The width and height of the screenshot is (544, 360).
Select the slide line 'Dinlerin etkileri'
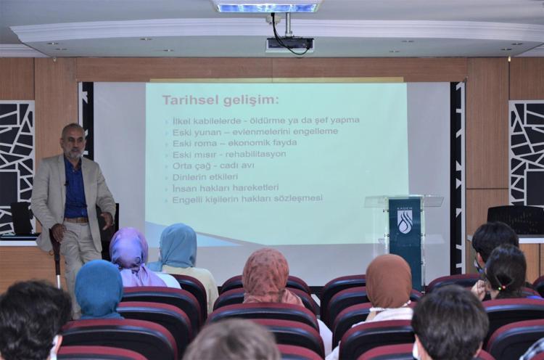tap(205, 176)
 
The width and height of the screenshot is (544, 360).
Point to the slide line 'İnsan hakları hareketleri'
tap(226, 187)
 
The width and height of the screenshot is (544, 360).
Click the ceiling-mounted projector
tap(289, 44)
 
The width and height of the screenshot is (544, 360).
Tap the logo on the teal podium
tap(405, 221)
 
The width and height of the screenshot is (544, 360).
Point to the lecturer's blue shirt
tap(75, 190)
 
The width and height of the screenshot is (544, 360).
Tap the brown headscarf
tap(389, 281)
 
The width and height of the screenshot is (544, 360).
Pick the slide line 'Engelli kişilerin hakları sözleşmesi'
tap(247, 198)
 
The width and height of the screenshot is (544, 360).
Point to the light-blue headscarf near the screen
tap(178, 246)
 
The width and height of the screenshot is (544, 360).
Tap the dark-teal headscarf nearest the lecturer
tap(99, 287)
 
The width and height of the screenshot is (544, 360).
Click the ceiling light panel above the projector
tap(267, 7)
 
